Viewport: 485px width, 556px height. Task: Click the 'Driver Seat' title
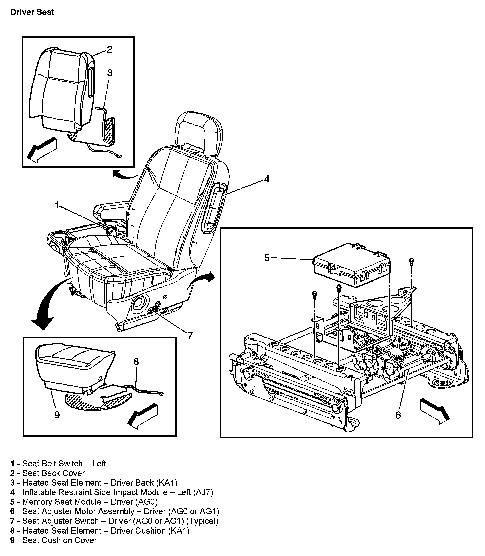[x=32, y=13]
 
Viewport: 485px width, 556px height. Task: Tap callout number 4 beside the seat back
[x=267, y=179]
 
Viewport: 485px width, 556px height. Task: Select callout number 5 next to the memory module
[x=267, y=258]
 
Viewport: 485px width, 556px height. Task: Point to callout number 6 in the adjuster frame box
[x=398, y=415]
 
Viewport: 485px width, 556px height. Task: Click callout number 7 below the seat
[x=190, y=335]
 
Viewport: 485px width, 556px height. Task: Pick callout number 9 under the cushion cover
[x=57, y=415]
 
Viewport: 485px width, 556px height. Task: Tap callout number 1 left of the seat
[x=57, y=205]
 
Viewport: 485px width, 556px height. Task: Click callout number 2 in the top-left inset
[x=109, y=50]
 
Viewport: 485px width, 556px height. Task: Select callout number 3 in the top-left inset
[x=110, y=73]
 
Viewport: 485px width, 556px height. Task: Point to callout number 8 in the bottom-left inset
[x=136, y=361]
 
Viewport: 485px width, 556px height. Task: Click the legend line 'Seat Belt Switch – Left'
[x=58, y=463]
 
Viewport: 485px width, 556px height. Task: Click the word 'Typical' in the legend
[x=204, y=521]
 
